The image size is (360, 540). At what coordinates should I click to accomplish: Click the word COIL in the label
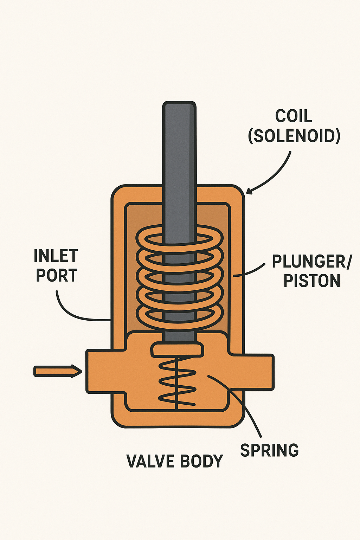tap(294, 116)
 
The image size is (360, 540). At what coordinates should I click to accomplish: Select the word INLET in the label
tap(56, 256)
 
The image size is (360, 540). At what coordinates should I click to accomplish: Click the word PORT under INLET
tap(57, 275)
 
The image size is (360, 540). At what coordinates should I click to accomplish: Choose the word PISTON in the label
tap(312, 281)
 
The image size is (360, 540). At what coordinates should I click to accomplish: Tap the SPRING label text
tap(269, 450)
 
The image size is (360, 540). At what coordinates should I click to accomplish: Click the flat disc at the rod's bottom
tap(178, 350)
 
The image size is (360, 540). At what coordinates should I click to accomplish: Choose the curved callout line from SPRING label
tap(246, 408)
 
